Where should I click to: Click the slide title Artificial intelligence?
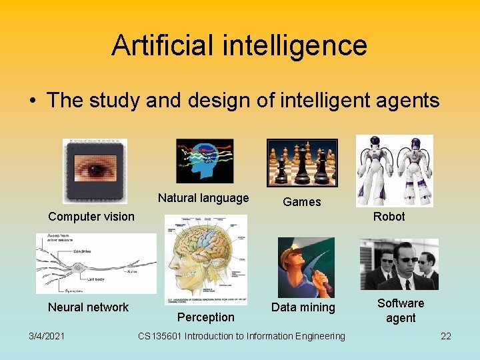(239, 45)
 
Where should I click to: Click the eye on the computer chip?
(95, 168)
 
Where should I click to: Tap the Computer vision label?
(91, 216)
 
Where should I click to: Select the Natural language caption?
(203, 197)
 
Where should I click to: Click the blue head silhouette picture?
(205, 161)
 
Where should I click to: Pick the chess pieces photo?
(302, 163)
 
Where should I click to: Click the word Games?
(301, 201)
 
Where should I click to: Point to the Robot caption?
(389, 216)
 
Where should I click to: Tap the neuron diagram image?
(96, 263)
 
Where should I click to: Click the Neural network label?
(88, 307)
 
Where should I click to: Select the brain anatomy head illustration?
(205, 259)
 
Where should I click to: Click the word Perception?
(206, 317)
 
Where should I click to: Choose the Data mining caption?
(303, 307)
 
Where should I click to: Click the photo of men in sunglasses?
(399, 264)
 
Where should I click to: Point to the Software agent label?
(401, 310)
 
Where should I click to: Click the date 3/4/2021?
(46, 335)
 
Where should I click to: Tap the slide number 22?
(446, 335)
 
